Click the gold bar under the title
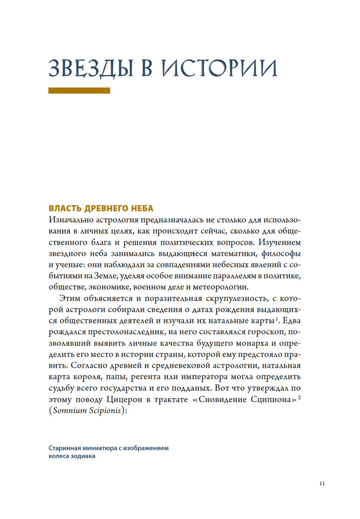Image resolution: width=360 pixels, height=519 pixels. pyautogui.click(x=79, y=91)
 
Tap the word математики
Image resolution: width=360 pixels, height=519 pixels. pyautogui.click(x=234, y=254)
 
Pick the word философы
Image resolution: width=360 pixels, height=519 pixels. pyautogui.click(x=281, y=254)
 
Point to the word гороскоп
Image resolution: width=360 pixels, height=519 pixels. pyautogui.click(x=266, y=332)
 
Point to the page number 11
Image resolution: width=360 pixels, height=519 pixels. pyautogui.click(x=322, y=483)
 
